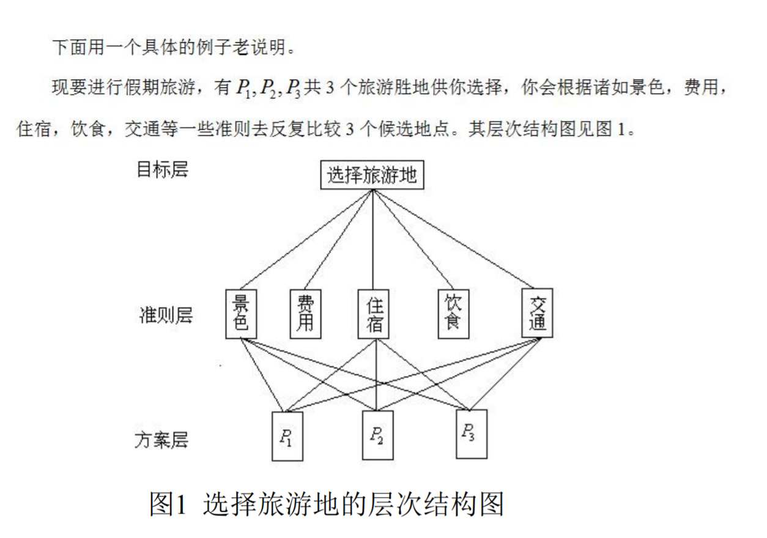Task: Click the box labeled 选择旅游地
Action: (372, 176)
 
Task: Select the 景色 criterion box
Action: (241, 313)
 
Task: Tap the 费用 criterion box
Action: (305, 313)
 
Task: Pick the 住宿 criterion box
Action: (374, 313)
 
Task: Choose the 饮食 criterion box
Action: (453, 312)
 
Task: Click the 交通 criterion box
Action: (538, 312)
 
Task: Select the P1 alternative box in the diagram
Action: (287, 436)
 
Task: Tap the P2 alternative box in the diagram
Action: (377, 435)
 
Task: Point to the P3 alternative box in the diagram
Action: (472, 433)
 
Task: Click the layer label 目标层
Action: (162, 169)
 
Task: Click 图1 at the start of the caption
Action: (167, 504)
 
